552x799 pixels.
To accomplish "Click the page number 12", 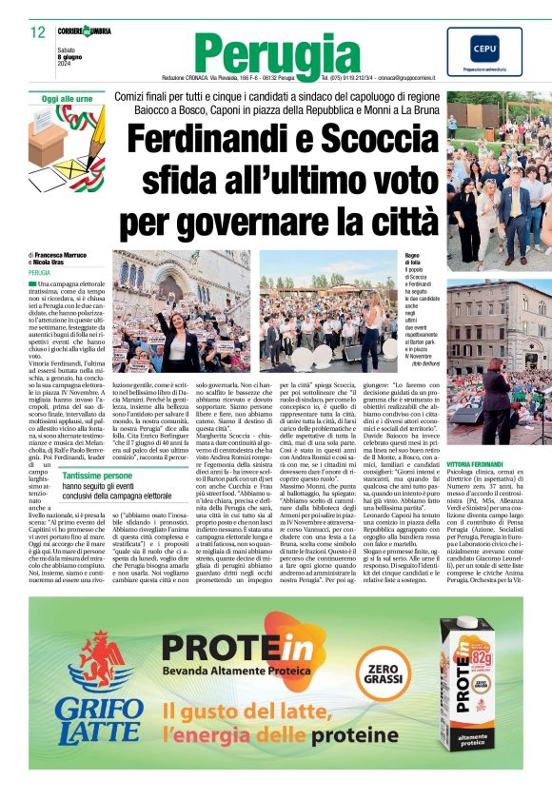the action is pos(38,32).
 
